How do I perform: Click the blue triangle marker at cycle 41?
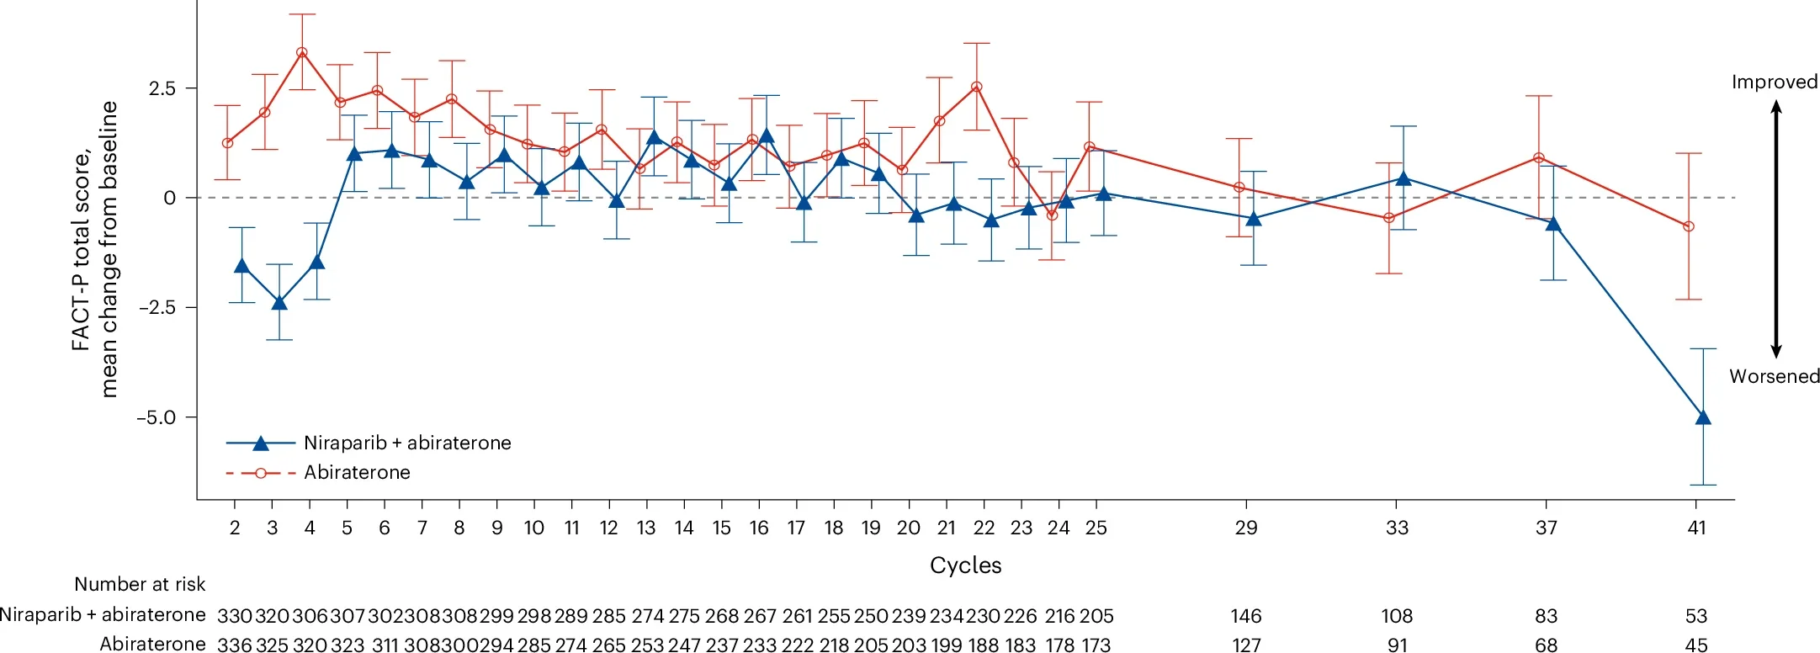[1702, 417]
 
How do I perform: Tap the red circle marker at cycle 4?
[302, 53]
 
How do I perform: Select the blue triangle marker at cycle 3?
[279, 302]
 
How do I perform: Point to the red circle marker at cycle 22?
[976, 87]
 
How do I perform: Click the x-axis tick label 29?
[1246, 528]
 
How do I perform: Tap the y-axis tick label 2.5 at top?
[162, 88]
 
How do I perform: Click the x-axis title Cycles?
[965, 565]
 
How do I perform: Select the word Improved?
[1774, 82]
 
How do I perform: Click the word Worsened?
[1774, 376]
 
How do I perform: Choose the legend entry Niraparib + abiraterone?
[407, 443]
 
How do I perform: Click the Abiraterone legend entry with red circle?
[357, 472]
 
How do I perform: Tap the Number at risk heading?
[140, 584]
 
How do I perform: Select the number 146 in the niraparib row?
[1246, 616]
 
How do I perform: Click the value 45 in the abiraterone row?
[1696, 645]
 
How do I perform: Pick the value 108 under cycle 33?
[1397, 616]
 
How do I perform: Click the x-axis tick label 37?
[1547, 528]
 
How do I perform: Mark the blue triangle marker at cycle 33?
[1403, 178]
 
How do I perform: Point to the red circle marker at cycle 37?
[1539, 157]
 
